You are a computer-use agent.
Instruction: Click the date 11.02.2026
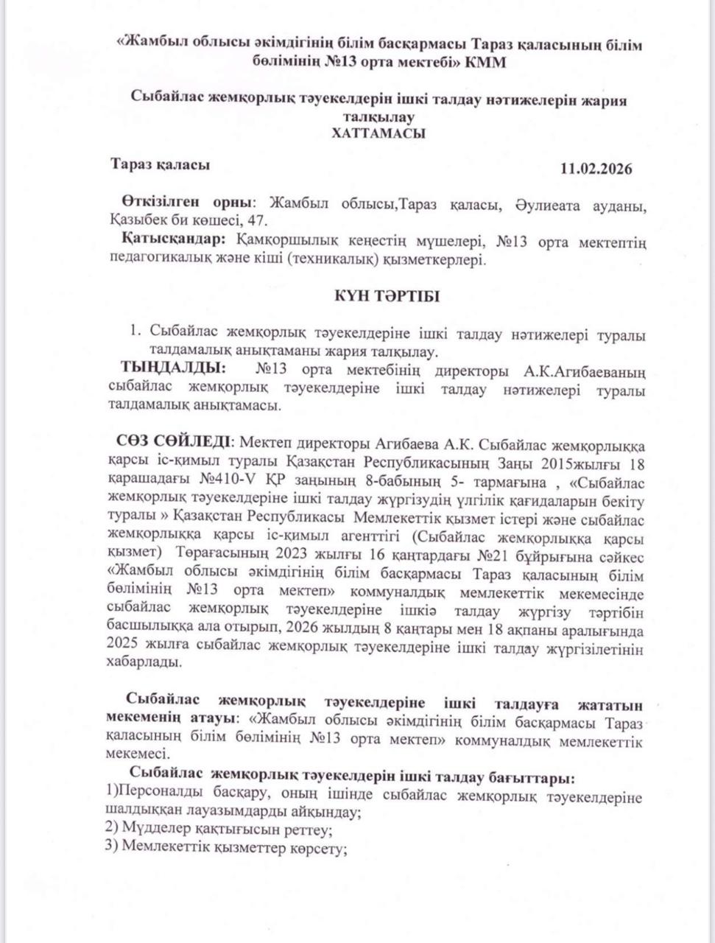[x=596, y=168]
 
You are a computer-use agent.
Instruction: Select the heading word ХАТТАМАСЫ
[x=378, y=133]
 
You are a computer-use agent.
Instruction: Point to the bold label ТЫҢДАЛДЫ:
[x=174, y=368]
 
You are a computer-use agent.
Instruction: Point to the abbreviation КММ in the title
[x=485, y=63]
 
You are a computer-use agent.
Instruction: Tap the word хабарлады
[x=144, y=662]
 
